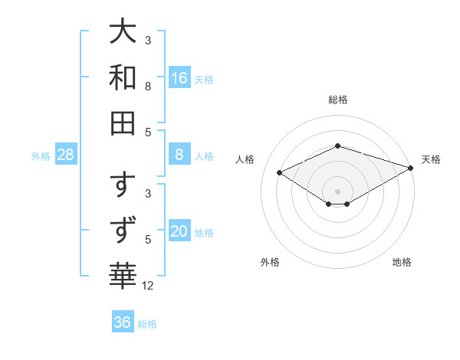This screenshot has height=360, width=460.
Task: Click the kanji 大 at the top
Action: tap(123, 33)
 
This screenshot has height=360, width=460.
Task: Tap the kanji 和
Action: tap(123, 77)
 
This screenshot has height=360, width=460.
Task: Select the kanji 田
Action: tap(123, 122)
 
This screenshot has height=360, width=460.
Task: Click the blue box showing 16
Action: tap(179, 78)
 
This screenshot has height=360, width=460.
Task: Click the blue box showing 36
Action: tap(123, 322)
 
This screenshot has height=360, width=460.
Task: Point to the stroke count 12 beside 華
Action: tap(149, 286)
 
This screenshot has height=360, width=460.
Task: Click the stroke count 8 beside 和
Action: tap(148, 87)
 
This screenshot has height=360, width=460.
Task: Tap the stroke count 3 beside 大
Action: tap(148, 40)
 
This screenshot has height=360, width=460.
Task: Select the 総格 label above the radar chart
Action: tap(338, 100)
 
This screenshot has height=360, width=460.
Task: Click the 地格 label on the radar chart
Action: tap(402, 263)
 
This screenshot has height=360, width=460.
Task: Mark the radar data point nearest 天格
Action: tap(412, 168)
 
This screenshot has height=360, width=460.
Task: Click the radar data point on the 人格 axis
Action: tap(280, 172)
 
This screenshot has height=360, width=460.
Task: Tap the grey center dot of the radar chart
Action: tap(338, 191)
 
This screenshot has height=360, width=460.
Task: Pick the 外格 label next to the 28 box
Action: tap(41, 156)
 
